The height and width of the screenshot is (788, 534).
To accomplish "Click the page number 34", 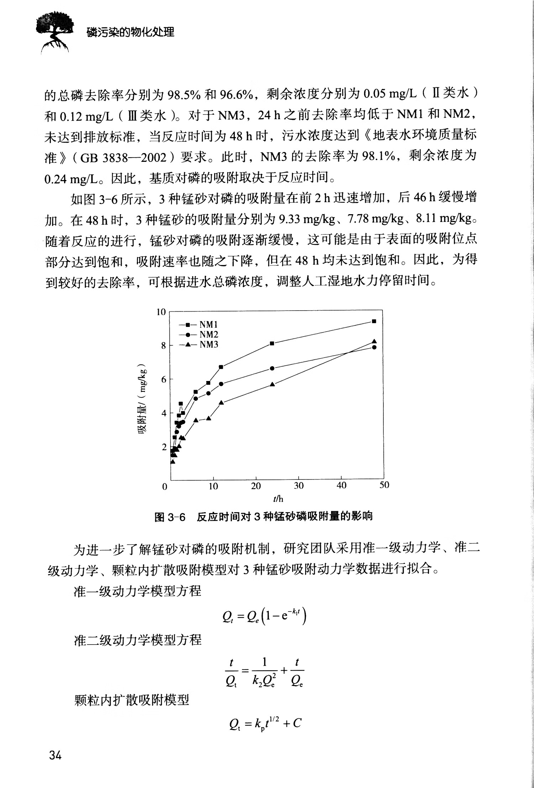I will pyautogui.click(x=56, y=755).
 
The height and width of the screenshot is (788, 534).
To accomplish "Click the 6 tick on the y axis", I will pyautogui.click(x=163, y=380).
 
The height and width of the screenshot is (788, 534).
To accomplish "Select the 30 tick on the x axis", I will pyautogui.click(x=299, y=486).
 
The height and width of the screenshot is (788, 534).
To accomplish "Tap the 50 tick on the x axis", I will pyautogui.click(x=384, y=485).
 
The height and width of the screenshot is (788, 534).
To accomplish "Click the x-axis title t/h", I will pyautogui.click(x=278, y=499).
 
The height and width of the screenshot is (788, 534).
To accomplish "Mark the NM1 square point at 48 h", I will pyautogui.click(x=374, y=321).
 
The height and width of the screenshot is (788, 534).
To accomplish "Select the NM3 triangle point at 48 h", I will pyautogui.click(x=374, y=342).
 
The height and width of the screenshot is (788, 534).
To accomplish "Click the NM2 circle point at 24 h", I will pyautogui.click(x=272, y=368).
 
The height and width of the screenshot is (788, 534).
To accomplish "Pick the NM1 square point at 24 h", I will pyautogui.click(x=272, y=343).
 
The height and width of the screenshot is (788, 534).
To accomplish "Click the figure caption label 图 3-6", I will pyautogui.click(x=170, y=517).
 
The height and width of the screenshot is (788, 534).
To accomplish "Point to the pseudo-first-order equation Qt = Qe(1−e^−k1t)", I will pyautogui.click(x=264, y=617).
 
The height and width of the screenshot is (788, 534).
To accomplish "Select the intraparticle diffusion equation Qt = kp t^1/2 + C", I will pyautogui.click(x=265, y=723).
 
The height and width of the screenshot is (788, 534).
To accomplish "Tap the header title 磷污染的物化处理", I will pyautogui.click(x=131, y=32).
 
